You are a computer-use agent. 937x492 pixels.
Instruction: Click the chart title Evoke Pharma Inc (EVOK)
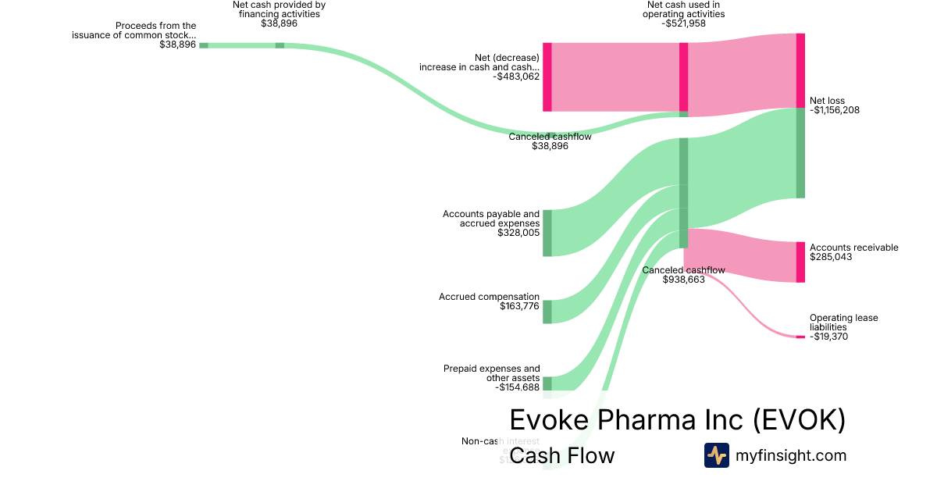pos(677,420)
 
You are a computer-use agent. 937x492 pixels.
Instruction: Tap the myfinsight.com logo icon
pos(716,455)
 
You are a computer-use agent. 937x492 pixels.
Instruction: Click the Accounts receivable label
pos(853,248)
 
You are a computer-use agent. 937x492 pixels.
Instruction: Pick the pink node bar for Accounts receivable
pos(800,262)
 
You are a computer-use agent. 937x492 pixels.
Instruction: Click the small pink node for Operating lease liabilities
pos(800,337)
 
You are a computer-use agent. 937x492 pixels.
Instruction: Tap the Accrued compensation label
pos(489,297)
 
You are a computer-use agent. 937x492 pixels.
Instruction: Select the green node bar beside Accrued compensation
pos(547,312)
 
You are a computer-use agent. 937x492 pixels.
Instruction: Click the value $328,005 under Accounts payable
pos(518,233)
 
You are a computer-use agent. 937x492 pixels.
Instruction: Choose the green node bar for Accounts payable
pos(547,233)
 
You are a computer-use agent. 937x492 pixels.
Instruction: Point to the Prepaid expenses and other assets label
pos(492,373)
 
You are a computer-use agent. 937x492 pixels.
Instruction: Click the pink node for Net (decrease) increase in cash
pos(547,77)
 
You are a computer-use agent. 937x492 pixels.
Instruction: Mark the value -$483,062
pos(516,77)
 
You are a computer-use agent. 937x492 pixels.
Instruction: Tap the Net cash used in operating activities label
pos(683,13)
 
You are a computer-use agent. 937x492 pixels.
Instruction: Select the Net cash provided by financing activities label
pos(279,9)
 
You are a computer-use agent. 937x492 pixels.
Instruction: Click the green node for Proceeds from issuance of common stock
pos(204,45)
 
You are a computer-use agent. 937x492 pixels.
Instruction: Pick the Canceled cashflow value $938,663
pos(684,280)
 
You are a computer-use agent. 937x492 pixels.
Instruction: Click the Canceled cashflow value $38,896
pos(550,146)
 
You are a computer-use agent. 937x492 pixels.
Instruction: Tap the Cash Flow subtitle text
pos(562,455)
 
